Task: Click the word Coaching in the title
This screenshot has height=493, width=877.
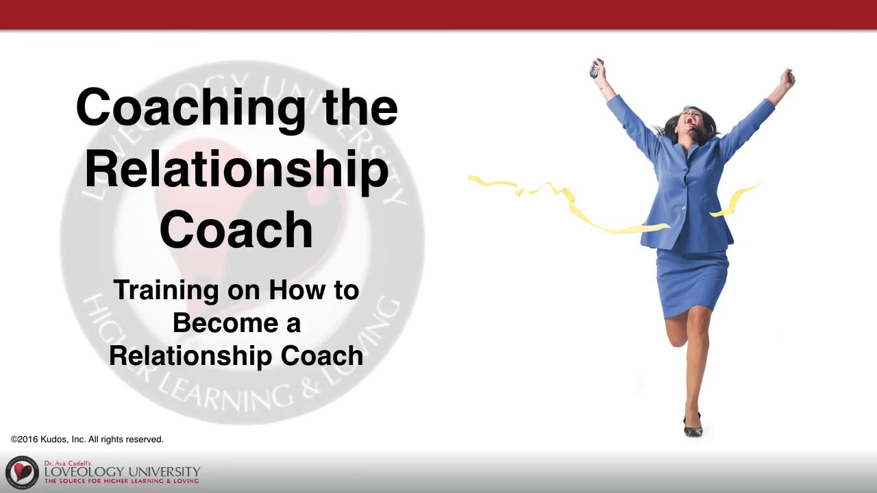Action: [x=190, y=108]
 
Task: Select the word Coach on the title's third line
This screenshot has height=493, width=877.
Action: [x=236, y=229]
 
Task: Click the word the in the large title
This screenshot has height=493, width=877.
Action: [x=360, y=108]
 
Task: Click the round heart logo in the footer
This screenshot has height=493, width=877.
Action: [x=22, y=472]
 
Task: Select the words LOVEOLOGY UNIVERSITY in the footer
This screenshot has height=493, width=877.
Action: [x=122, y=472]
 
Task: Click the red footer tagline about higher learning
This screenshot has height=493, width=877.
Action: [x=122, y=481]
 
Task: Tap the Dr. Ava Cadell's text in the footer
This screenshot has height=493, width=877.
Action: [x=67, y=464]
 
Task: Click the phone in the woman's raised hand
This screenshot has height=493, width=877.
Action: [x=595, y=68]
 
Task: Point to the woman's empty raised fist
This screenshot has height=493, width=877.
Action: [x=788, y=77]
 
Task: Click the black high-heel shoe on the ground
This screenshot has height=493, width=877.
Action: [x=693, y=427]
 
